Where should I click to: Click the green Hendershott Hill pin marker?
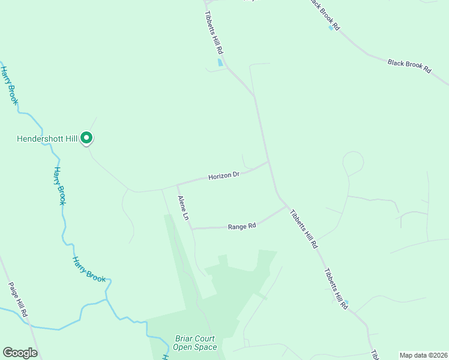(x=86, y=138)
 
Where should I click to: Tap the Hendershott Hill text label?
(x=47, y=139)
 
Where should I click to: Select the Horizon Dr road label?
(x=224, y=176)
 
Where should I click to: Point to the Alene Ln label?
(x=183, y=208)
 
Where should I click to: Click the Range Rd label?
(x=242, y=226)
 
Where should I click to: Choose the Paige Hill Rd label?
(x=17, y=300)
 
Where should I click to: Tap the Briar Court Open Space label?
(x=194, y=343)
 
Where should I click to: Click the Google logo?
(x=20, y=353)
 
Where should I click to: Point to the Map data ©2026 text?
(x=423, y=355)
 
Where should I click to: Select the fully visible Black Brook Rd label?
(x=409, y=66)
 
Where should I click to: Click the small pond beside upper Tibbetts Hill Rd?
(x=220, y=62)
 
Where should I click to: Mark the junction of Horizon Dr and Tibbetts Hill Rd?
(x=268, y=161)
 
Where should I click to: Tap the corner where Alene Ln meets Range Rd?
(x=191, y=228)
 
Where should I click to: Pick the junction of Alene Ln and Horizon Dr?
(x=177, y=185)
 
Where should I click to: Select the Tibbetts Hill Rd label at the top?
(x=214, y=34)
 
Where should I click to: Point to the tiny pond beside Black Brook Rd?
(x=331, y=28)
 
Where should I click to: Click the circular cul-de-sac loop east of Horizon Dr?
(x=353, y=162)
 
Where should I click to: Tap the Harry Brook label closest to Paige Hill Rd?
(x=88, y=269)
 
